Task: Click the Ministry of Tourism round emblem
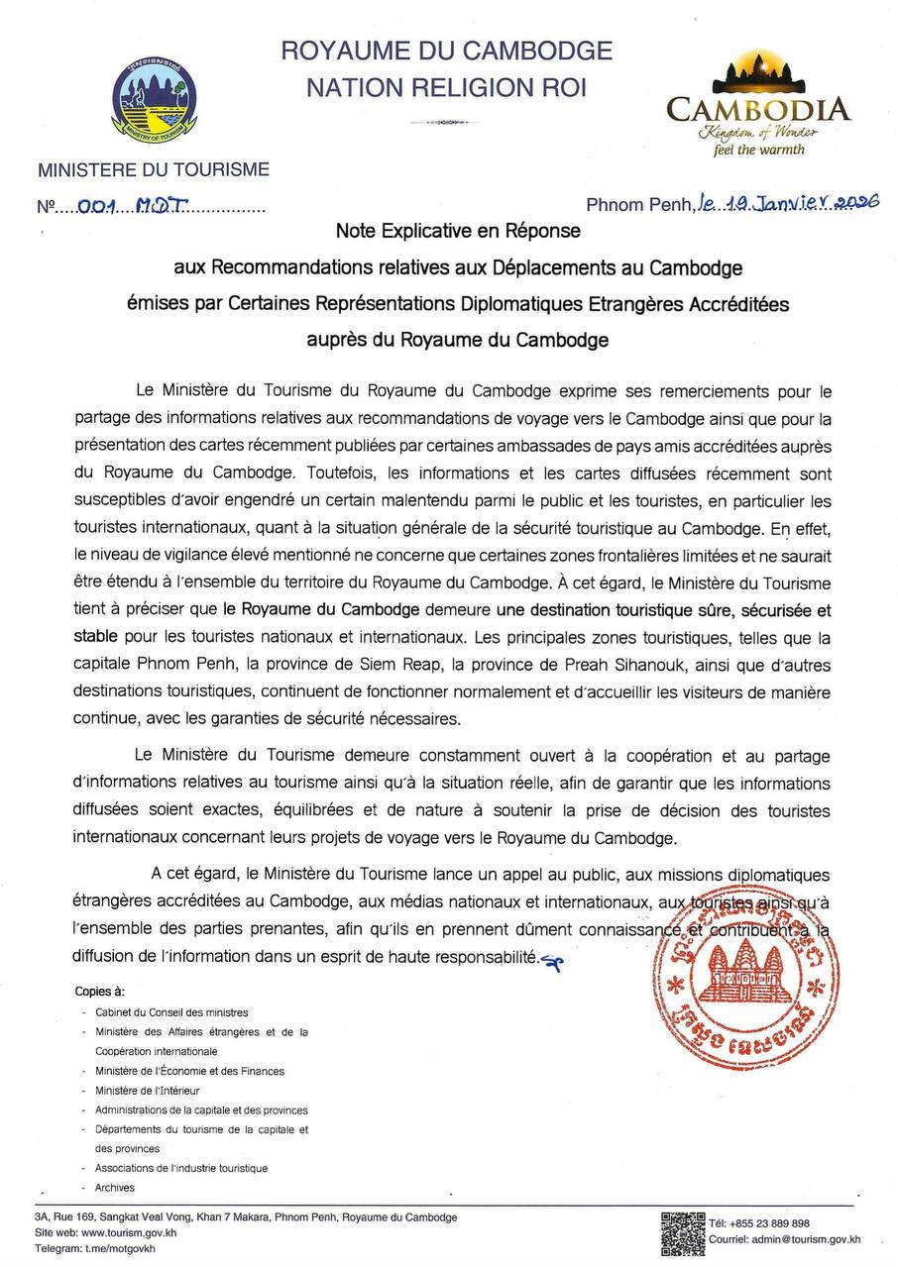point(154,100)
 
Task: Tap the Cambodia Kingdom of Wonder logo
point(758,103)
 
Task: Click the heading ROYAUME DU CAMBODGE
point(446,51)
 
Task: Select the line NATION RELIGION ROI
point(446,88)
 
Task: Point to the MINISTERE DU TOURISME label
point(154,169)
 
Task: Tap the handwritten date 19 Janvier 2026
point(789,204)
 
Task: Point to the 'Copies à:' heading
point(99,992)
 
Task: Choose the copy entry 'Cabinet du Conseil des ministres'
point(171,1012)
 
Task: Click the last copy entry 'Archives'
point(115,1187)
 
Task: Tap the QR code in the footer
point(683,1233)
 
